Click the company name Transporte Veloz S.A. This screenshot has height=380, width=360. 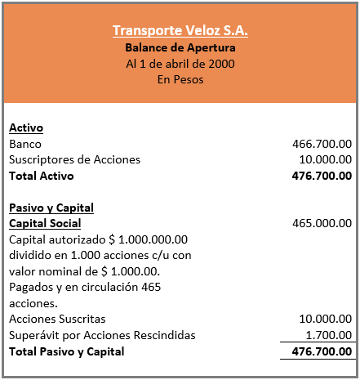[180, 32]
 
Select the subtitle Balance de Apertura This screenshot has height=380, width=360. [180, 48]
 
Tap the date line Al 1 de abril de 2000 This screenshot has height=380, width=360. [180, 64]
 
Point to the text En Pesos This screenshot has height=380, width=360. [180, 80]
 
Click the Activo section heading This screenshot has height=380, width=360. [26, 128]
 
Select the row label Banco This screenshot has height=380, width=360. [25, 144]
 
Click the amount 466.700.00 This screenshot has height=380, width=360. [322, 144]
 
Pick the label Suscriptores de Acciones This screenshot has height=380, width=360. [74, 159]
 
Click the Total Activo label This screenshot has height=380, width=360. [42, 175]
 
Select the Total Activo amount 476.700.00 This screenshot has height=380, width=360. [322, 175]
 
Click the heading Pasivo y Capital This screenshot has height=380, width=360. [51, 207]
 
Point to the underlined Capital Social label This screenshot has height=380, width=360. [45, 222]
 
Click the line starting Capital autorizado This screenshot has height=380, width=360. [98, 239]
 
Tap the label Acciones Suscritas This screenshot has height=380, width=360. [57, 319]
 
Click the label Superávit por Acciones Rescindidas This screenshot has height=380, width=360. [102, 335]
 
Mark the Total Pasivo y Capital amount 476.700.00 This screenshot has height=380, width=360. [322, 351]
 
